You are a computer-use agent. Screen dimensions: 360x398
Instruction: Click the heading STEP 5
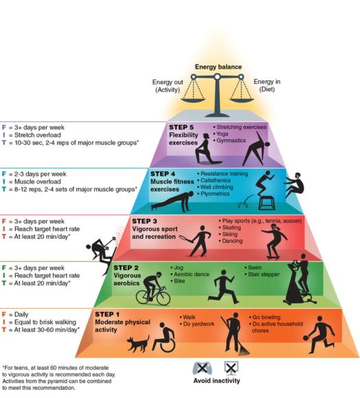tap(181, 127)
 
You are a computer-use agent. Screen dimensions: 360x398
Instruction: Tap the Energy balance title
tap(218, 67)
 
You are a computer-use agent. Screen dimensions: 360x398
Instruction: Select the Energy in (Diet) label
tap(267, 85)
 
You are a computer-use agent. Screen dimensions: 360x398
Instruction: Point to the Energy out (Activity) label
tap(168, 86)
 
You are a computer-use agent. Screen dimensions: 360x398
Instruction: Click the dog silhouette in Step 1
tap(138, 343)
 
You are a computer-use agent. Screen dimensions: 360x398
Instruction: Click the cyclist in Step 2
tap(153, 289)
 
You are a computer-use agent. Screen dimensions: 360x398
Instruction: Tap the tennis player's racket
tap(185, 238)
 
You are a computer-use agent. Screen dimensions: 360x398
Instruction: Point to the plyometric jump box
tap(267, 203)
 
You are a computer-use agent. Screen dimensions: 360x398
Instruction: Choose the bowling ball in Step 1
tap(306, 338)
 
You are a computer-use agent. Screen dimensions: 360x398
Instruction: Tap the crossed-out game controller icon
tap(202, 368)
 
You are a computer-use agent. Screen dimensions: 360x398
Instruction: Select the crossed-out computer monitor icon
tap(231, 368)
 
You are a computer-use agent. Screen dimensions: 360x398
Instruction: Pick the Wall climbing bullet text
tap(215, 187)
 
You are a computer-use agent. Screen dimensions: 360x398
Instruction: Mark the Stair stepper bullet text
tap(262, 274)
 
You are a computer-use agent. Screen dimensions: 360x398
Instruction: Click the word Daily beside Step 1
tap(21, 314)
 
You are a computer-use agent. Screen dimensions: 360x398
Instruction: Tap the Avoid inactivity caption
tap(216, 381)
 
